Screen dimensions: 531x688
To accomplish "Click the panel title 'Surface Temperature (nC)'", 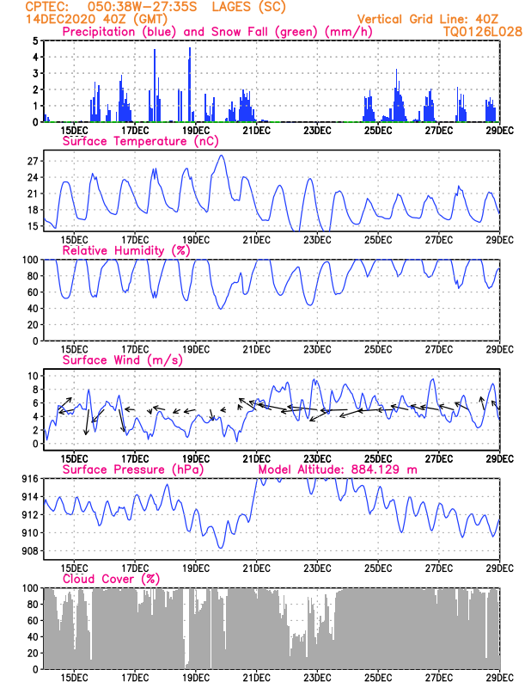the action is (140, 141).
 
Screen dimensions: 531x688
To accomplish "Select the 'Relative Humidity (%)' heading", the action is (126, 250).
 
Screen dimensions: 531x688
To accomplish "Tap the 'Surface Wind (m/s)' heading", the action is (122, 360).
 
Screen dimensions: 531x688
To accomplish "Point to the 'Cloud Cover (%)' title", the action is (111, 579).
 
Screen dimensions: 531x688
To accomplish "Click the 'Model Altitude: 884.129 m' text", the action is (338, 470).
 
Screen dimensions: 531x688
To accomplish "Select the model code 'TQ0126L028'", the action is (482, 32).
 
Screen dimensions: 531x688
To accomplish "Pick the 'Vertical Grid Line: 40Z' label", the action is (428, 19).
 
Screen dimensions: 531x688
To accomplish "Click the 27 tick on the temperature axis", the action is (33, 161).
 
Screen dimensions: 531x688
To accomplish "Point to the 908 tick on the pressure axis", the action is (30, 551).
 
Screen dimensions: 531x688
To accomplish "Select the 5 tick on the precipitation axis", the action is (35, 40).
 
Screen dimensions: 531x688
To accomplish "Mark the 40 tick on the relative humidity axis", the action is (33, 309).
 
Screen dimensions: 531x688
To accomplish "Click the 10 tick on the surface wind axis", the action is (33, 376).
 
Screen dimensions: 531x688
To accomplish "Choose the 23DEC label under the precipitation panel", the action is (316, 131).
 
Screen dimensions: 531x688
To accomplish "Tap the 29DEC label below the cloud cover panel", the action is (499, 678).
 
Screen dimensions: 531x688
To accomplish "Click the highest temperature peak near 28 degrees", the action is (222, 156).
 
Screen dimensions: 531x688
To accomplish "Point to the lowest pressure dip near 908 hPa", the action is (221, 548).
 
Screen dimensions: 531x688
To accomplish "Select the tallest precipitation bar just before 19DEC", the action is (189, 84).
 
